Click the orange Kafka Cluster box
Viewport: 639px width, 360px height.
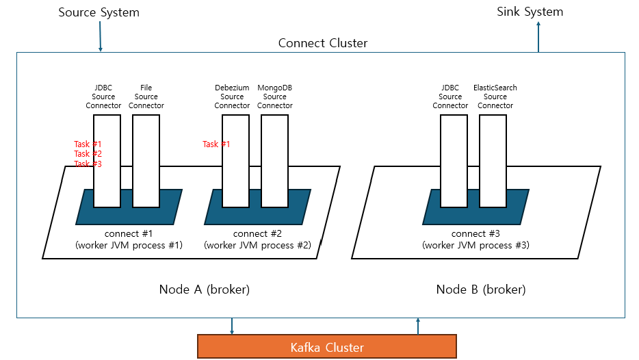click(x=327, y=346)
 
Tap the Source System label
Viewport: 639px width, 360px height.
click(x=99, y=12)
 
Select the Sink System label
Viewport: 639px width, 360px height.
click(x=530, y=12)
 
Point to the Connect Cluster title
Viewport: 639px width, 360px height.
click(x=322, y=43)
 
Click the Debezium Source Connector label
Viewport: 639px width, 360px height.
click(x=232, y=97)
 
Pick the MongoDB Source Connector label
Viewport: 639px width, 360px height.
click(x=275, y=97)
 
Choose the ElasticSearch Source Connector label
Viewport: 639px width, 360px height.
click(x=495, y=97)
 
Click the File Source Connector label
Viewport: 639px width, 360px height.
click(x=146, y=97)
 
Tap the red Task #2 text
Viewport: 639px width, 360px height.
click(x=88, y=154)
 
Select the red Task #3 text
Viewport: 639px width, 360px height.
click(x=88, y=164)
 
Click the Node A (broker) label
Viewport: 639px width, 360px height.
click(x=204, y=290)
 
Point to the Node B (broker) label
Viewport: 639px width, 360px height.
click(x=481, y=290)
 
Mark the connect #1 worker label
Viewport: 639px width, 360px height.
click(x=129, y=240)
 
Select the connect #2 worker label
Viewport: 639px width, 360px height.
click(x=257, y=240)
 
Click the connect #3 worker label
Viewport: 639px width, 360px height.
click(x=475, y=240)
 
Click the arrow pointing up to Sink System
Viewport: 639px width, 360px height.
click(x=538, y=37)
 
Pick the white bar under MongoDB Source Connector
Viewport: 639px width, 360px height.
click(x=275, y=161)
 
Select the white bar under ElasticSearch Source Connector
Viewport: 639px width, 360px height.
click(x=493, y=161)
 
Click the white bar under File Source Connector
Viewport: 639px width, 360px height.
click(x=146, y=161)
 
